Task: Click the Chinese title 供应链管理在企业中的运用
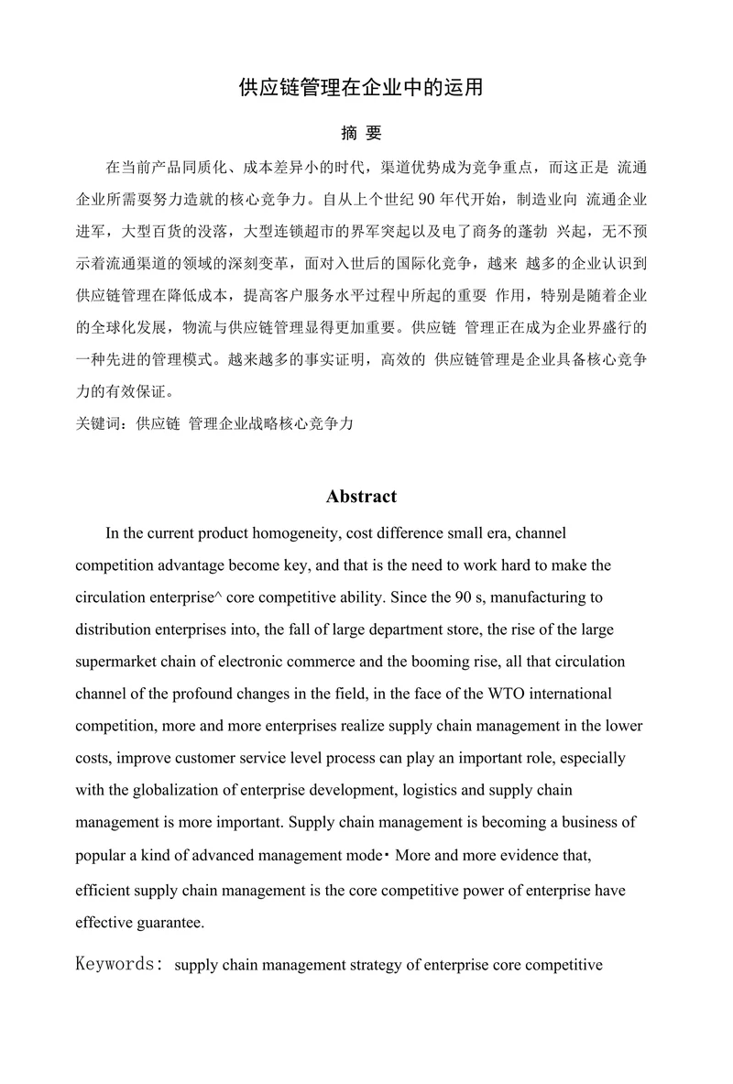click(360, 88)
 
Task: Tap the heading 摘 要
click(361, 134)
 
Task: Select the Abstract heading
click(361, 497)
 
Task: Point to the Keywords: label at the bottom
click(120, 965)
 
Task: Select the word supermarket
click(115, 662)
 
